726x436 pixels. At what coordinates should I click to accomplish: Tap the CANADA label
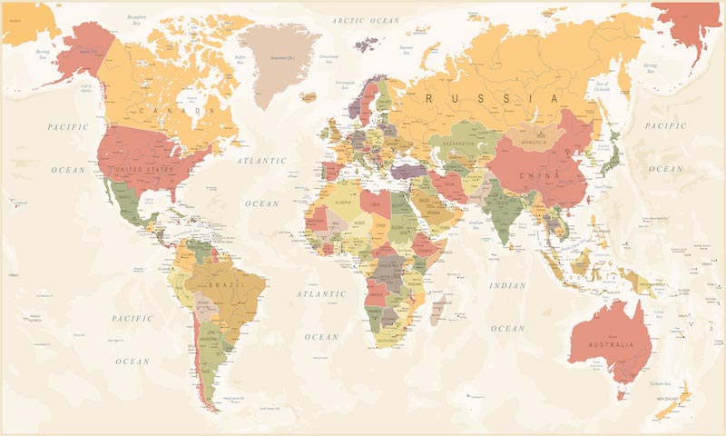(x=178, y=110)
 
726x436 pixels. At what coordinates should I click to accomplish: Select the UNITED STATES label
(x=141, y=169)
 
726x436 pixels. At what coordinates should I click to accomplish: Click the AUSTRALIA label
(x=609, y=346)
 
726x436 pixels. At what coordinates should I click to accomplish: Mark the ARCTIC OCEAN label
(x=366, y=20)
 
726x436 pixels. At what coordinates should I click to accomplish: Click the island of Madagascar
(x=439, y=308)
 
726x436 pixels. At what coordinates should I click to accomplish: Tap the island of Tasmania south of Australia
(x=622, y=393)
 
